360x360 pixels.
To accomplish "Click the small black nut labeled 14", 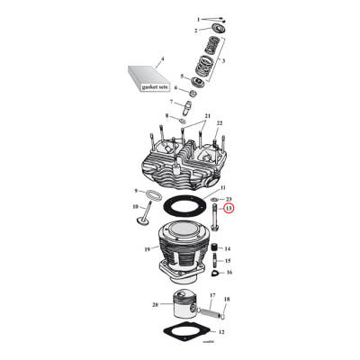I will (x=215, y=247).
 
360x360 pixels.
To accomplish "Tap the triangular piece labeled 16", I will (x=215, y=271).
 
